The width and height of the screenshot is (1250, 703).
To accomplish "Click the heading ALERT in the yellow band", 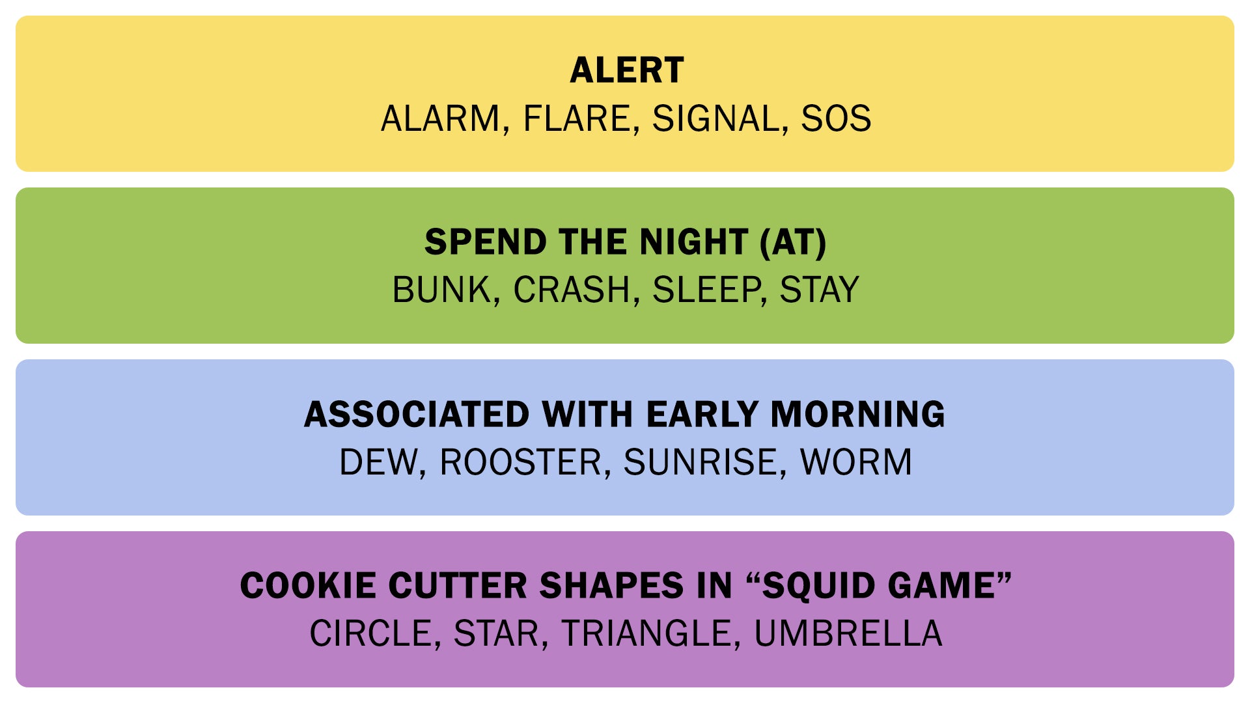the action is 627,70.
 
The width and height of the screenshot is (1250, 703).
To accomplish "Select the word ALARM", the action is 439,118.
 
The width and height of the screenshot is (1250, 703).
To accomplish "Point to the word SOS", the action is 836,118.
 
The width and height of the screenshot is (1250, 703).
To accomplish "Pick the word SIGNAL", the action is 715,118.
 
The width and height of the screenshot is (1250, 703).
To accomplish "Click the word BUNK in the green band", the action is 442,290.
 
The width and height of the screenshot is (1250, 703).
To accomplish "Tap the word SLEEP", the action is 706,290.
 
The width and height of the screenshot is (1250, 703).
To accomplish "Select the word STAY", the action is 820,290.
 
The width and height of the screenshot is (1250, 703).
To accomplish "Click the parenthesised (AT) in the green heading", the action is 793,242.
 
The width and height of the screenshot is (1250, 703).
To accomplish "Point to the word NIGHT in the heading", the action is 694,242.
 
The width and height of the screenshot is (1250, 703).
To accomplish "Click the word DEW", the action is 378,462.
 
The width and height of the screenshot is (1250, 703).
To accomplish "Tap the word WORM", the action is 856,462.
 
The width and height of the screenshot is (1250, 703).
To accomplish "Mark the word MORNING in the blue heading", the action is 858,414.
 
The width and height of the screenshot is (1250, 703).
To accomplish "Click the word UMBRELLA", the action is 848,634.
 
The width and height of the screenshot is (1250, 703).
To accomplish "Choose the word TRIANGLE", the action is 646,634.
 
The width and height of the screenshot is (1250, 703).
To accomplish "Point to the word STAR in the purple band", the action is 497,634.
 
